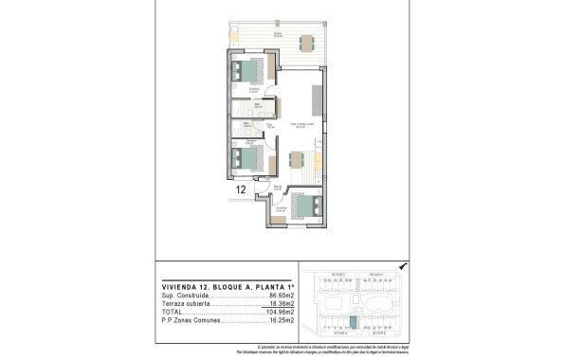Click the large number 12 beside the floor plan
241,189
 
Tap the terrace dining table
305,44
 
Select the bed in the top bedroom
252,71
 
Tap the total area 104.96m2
282,313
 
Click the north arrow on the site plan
403,268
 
